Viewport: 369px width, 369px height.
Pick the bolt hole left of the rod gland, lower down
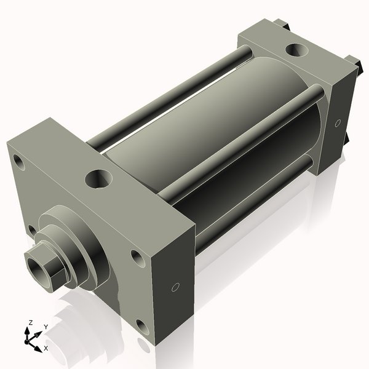pyautogui.click(x=31, y=230)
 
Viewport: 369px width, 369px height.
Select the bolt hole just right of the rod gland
pyautogui.click(x=135, y=258)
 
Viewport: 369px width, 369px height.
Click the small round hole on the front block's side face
pyautogui.click(x=175, y=287)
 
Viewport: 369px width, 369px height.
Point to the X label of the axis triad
pyautogui.click(x=46, y=348)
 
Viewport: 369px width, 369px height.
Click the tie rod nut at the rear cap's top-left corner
pyautogui.click(x=282, y=23)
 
